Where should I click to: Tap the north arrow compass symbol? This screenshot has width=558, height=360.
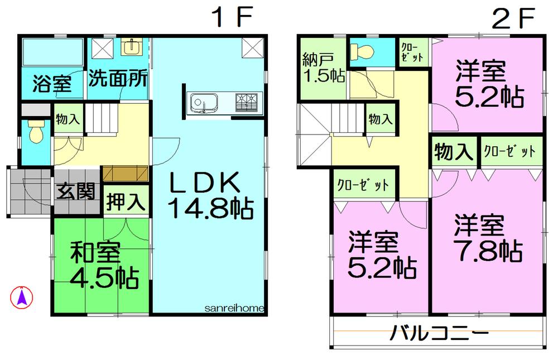(x=22, y=296)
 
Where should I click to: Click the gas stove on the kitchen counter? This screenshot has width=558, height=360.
(x=248, y=102)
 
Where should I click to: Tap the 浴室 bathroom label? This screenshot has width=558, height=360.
(x=51, y=84)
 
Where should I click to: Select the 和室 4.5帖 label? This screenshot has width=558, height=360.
(x=104, y=266)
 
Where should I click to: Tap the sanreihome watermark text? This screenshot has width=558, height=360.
(x=234, y=308)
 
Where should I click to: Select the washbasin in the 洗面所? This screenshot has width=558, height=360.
(x=132, y=47)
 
